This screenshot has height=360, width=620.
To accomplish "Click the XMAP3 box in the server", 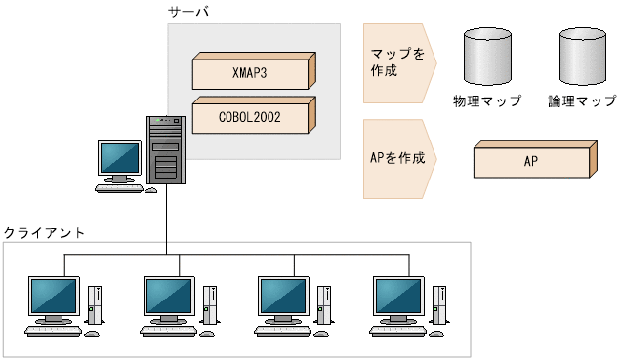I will click(x=252, y=71).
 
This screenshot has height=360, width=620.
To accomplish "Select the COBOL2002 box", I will click(x=252, y=116).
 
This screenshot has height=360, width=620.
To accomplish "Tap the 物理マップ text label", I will click(x=487, y=100).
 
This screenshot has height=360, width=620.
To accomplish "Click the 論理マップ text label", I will click(x=583, y=100).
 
